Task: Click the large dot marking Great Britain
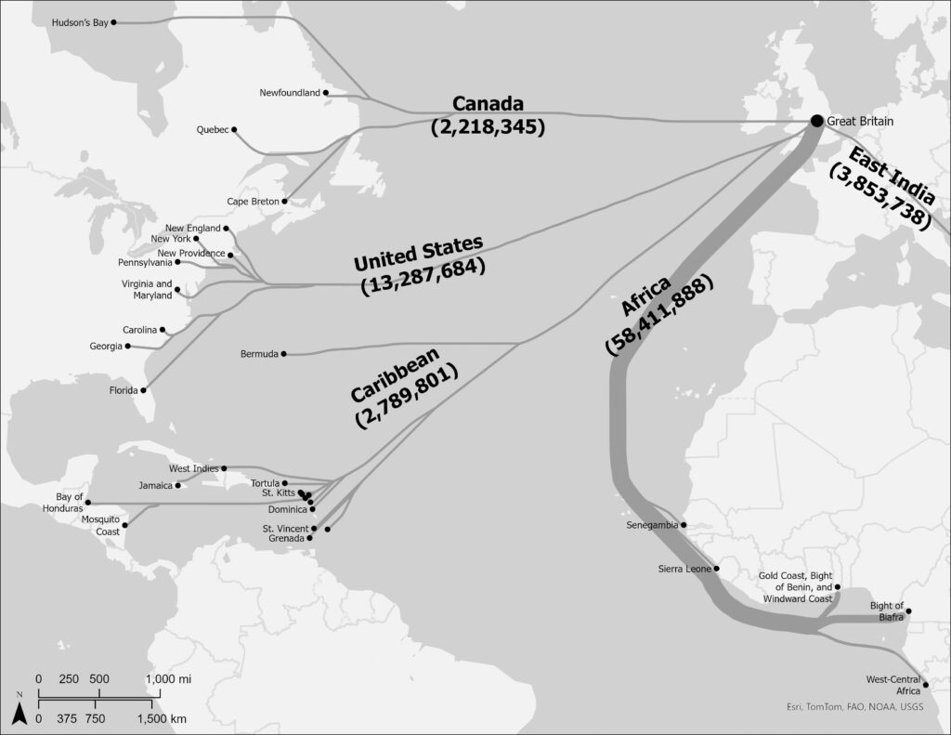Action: tap(816, 121)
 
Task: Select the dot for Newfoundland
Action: tap(326, 93)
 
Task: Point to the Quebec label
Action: tap(213, 130)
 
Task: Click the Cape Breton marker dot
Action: tap(285, 202)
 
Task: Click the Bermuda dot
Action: tap(284, 354)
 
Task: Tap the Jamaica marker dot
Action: tap(177, 485)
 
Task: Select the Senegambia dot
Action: tap(684, 526)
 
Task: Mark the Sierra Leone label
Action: tap(684, 568)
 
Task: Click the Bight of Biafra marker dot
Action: tap(908, 611)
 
